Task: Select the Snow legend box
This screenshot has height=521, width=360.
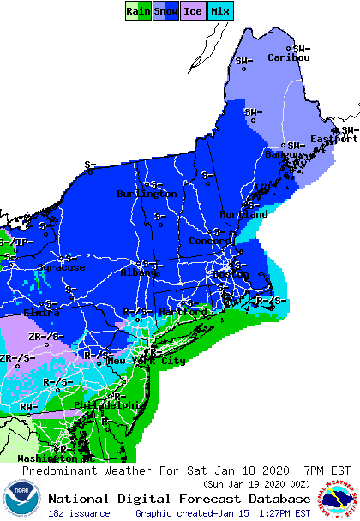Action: point(165,10)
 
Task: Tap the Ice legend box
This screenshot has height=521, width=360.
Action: point(192,10)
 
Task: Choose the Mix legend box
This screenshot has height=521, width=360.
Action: point(219,10)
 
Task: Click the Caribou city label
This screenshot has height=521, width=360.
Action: point(289,57)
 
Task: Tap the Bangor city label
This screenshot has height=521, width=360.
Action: point(284,154)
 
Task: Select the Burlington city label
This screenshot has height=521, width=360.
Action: point(147,194)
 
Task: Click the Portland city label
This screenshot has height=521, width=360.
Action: point(244,213)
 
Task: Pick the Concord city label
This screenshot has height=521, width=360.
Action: point(210,242)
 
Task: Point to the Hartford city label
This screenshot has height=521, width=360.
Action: point(183,311)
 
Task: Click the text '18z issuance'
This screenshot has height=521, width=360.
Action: point(78,513)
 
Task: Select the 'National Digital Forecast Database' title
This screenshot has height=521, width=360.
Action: point(178,499)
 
